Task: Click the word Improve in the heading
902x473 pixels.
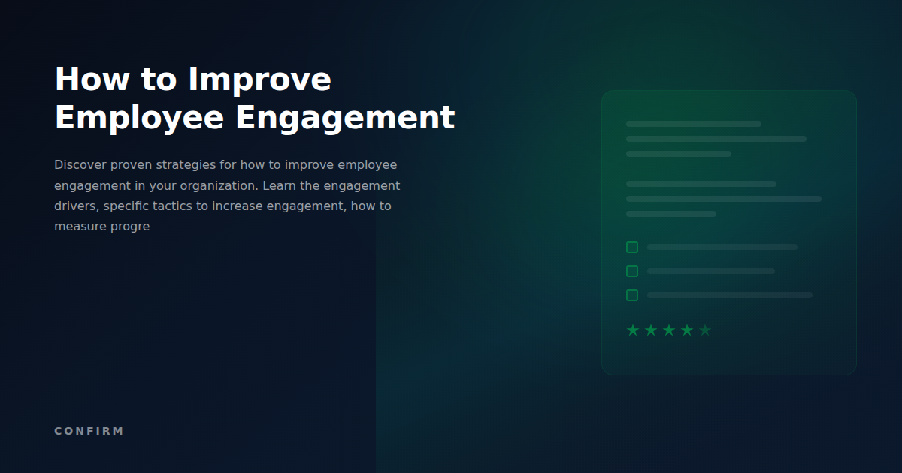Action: tap(259, 80)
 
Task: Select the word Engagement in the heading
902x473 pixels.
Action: tap(345, 119)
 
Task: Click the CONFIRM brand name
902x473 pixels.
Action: tap(89, 431)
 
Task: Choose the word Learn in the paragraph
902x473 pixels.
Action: tap(280, 185)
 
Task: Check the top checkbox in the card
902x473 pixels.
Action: tap(632, 247)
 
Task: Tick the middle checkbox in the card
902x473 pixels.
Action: tap(632, 271)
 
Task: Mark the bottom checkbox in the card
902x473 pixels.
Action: tap(632, 295)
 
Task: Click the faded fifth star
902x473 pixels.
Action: tap(705, 330)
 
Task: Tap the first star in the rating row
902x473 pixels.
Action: tap(633, 330)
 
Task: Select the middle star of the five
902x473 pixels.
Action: tap(669, 330)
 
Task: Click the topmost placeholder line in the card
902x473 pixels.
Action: tap(693, 124)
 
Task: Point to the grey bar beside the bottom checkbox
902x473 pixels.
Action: tap(729, 295)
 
